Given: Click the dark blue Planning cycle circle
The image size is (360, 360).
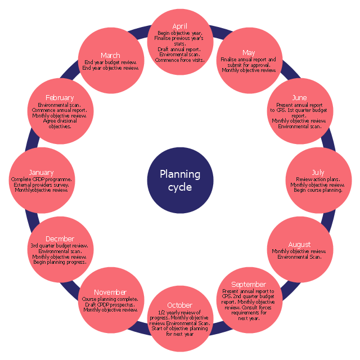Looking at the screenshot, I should (180, 181).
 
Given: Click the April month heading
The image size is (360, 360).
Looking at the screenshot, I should (180, 26).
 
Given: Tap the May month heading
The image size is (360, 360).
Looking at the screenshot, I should (248, 53).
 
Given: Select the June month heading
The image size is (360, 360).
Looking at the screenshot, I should (299, 98).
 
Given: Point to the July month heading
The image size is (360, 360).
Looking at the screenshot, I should (318, 172).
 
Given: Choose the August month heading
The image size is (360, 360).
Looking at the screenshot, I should (299, 244).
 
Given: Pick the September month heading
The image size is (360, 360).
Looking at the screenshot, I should (248, 284).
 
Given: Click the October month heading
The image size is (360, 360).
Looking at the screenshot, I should (180, 305).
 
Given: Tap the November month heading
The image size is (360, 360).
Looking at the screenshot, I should (110, 292).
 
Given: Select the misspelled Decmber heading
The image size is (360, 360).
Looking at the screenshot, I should (60, 239).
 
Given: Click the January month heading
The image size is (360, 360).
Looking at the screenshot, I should (42, 172).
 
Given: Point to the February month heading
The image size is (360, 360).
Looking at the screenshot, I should (60, 98).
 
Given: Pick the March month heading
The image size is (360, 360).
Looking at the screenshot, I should (110, 55).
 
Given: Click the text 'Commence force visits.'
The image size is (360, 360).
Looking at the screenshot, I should (180, 60).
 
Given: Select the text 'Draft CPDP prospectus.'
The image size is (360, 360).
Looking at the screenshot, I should (110, 304).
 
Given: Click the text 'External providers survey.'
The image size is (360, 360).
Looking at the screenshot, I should (42, 184).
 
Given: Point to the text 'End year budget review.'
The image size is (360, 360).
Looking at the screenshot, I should (110, 62).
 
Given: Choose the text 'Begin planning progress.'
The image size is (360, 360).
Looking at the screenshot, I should (60, 262).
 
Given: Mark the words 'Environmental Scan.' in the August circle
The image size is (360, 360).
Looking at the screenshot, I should (299, 257).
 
